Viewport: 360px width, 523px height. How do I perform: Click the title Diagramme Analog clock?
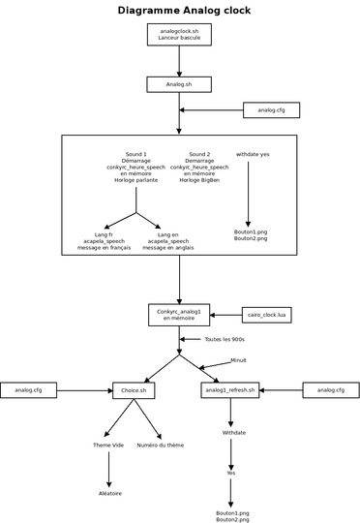pos(184,11)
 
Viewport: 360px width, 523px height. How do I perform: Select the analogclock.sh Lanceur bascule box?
pos(179,34)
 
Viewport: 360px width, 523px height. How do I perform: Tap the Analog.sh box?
pos(179,84)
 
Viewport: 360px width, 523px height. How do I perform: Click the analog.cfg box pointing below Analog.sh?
pos(271,110)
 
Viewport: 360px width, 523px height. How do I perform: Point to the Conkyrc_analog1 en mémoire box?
pos(179,315)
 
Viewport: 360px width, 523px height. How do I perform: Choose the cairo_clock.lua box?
pos(267,315)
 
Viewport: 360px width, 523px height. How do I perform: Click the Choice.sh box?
pos(134,390)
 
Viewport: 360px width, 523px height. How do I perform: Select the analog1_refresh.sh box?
pos(230,390)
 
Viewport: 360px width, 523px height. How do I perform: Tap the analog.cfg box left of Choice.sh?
pos(28,390)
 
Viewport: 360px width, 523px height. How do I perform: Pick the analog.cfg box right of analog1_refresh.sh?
pos(331,390)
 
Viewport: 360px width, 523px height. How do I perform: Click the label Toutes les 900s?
pos(225,339)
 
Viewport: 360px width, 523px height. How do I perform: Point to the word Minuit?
pos(238,360)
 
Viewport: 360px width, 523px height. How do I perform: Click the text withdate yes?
pos(253,154)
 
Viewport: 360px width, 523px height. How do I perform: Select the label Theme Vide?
pos(108,445)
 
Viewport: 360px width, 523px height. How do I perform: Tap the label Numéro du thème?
pos(161,445)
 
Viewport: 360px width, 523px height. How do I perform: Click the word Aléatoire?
pos(110,493)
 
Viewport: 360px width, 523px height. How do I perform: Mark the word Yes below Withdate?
pos(231,473)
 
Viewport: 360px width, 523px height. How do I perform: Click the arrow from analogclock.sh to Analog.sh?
pos(179,61)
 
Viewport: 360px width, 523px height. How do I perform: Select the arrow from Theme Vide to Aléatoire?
pos(108,470)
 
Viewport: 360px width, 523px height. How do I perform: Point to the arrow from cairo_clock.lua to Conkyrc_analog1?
pos(226,315)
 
